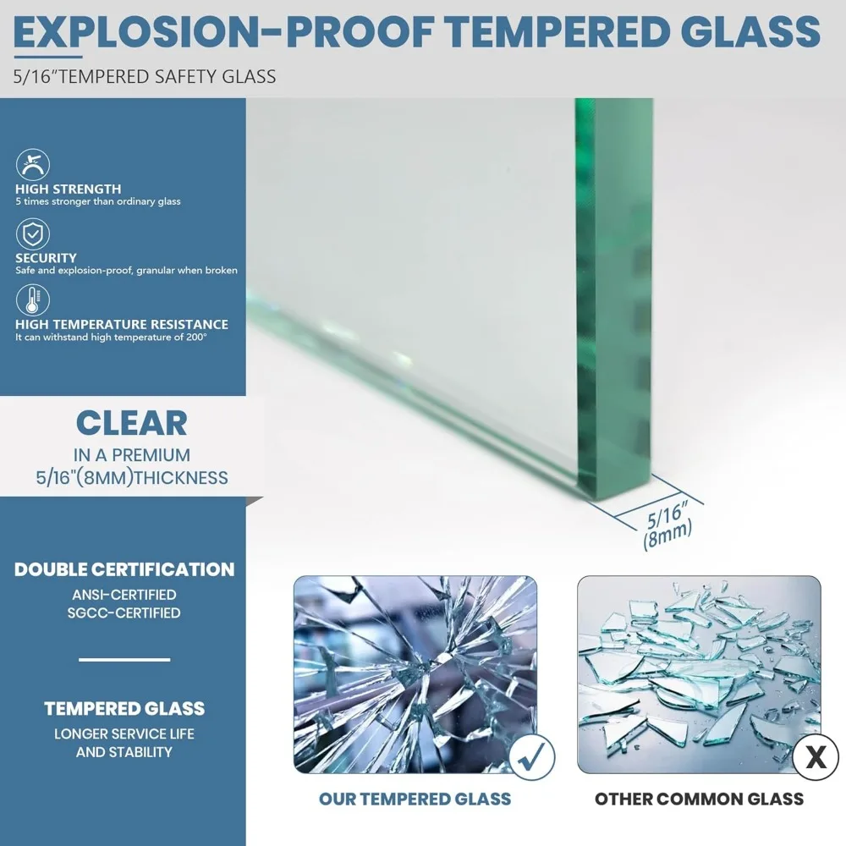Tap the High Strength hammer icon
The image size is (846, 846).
33,165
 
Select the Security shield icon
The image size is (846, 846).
33,234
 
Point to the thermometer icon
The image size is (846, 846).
33,300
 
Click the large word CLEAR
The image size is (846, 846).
132,423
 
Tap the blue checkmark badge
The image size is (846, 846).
531,757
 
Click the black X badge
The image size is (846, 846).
816,757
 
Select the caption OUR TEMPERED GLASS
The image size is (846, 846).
415,799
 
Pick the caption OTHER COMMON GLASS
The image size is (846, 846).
700,799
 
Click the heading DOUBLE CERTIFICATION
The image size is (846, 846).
124,569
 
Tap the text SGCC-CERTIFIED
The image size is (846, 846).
124,613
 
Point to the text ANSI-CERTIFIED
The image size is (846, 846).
124,595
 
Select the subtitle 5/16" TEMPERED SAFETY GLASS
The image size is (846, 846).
145,77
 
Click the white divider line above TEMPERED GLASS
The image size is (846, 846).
124,659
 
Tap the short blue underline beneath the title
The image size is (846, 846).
48,56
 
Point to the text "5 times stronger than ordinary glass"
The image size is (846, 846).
98,202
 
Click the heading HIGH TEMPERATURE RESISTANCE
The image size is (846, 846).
122,324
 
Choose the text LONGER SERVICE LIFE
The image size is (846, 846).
124,733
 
